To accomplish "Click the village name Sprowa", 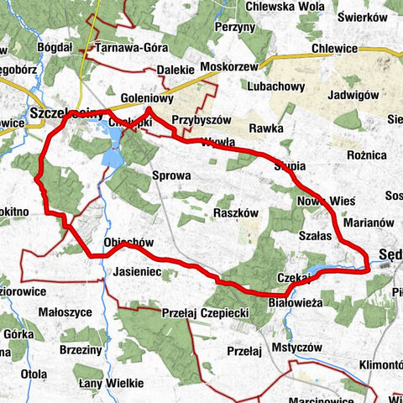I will coord(172,176).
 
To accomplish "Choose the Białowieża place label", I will coord(292,301).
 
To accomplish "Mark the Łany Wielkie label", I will coord(106,383).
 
